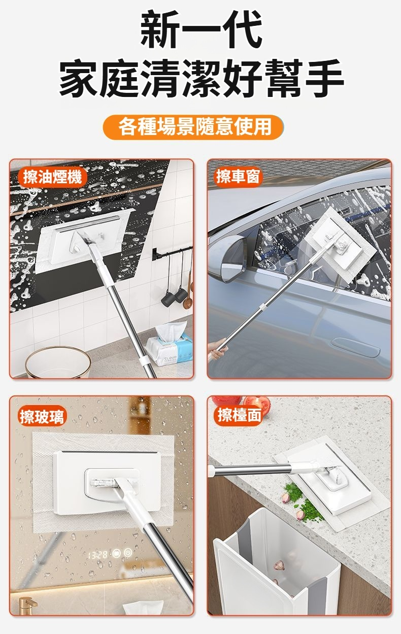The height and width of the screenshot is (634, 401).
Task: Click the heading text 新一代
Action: [x=201, y=29]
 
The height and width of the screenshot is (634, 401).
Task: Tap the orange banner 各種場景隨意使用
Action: [x=193, y=127]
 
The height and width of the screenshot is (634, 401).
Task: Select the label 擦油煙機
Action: [x=53, y=177]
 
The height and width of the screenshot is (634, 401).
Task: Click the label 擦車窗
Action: [x=238, y=177]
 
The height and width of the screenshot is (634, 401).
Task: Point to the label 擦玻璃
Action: [x=43, y=416]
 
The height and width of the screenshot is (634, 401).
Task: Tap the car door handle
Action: [x=355, y=347]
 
